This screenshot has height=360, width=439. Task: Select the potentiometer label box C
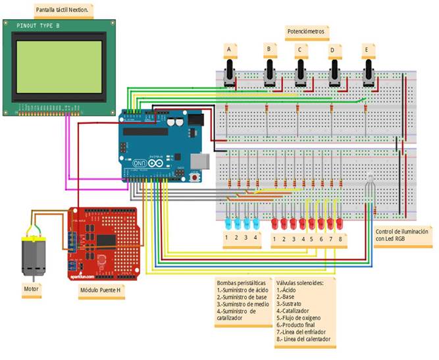point(300,50)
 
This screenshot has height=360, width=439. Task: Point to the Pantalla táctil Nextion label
point(63,10)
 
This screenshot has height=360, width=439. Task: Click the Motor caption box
point(31,288)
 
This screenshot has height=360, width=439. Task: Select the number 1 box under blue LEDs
point(226,238)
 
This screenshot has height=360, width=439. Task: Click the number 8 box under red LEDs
point(340,238)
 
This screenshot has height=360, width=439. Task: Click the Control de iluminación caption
point(403,236)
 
